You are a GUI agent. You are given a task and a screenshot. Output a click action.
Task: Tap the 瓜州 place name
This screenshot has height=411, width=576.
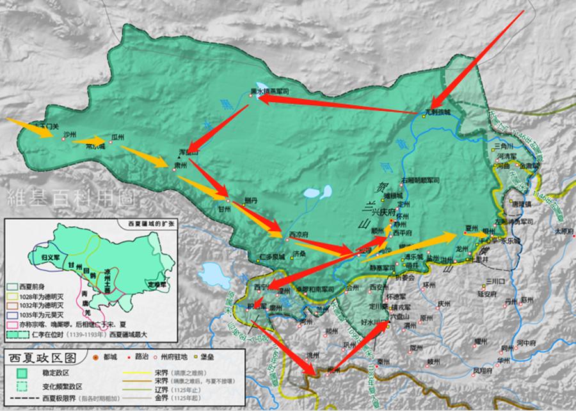click(117, 137)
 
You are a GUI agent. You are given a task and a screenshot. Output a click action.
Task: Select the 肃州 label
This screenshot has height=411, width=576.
click(180, 165)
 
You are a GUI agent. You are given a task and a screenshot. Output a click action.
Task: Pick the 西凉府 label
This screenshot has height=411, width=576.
click(299, 234)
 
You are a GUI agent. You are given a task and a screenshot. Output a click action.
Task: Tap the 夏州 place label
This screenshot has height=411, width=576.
click(472, 228)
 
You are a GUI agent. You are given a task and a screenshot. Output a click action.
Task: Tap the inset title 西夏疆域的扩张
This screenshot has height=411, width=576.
click(145, 223)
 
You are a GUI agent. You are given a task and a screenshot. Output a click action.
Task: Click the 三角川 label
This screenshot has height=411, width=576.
click(506, 146)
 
